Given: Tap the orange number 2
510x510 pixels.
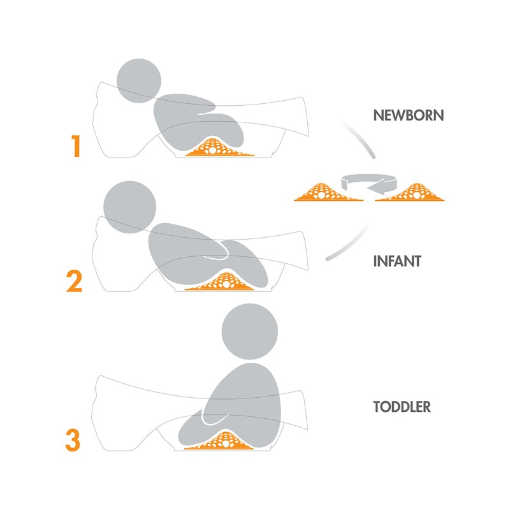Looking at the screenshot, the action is click(x=75, y=281).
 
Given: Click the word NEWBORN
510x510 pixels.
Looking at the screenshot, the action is click(x=409, y=116).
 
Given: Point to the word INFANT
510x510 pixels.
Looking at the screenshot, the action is click(x=397, y=261).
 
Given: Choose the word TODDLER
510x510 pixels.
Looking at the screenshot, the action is click(x=402, y=406).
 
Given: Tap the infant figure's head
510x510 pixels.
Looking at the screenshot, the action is click(x=129, y=203).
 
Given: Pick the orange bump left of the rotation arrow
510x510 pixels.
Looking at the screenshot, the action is click(x=328, y=192).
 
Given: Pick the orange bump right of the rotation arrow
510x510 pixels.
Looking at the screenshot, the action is click(x=415, y=192).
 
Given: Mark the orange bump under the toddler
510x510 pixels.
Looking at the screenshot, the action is click(x=220, y=441).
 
